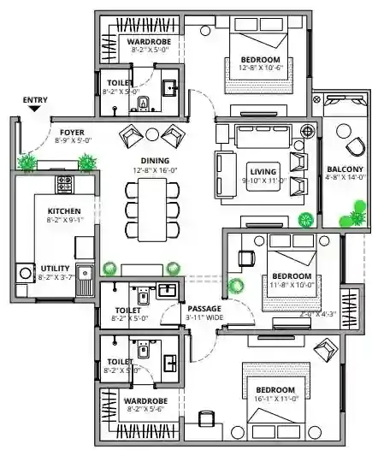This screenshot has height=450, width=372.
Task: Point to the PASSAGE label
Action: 204,308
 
